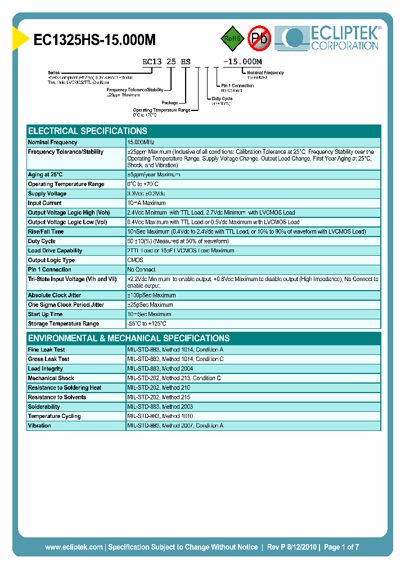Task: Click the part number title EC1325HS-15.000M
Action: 94,40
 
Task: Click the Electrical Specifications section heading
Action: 88,131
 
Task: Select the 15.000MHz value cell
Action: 141,142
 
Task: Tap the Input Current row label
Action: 45,203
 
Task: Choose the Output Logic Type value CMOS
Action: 136,260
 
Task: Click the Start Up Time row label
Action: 45,314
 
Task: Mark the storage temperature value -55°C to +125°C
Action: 147,324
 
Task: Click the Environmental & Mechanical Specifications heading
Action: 129,339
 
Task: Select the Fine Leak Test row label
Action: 47,350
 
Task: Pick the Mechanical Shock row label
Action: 51,378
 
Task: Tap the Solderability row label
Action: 44,407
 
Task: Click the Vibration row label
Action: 39,426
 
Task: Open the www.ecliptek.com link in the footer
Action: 74,547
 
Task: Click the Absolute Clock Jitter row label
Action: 55,295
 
